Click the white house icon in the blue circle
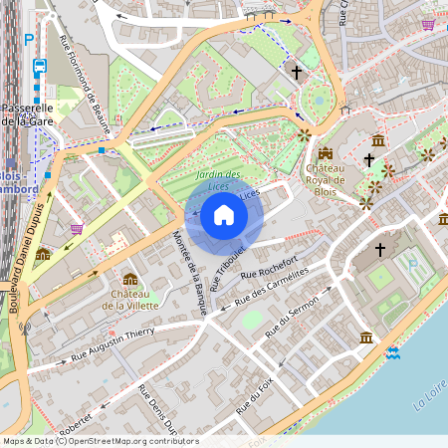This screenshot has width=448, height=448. [x=224, y=215]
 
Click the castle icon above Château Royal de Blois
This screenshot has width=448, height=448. [x=326, y=153]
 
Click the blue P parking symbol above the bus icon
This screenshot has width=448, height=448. [x=29, y=40]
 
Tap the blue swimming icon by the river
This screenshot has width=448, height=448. [x=393, y=352]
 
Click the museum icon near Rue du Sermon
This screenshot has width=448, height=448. [x=366, y=338]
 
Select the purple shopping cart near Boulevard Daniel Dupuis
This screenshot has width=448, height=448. [x=77, y=228]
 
